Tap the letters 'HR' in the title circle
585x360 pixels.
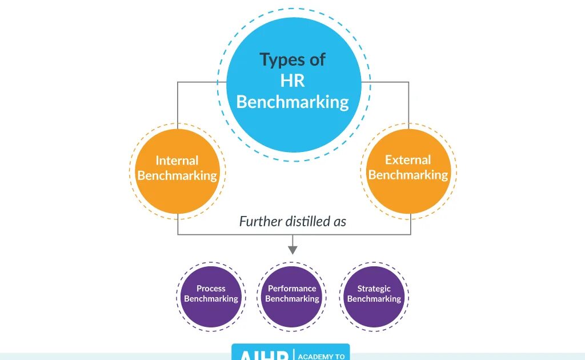click(x=292, y=81)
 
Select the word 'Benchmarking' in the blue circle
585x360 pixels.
click(x=292, y=102)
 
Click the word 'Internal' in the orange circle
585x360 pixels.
click(x=177, y=161)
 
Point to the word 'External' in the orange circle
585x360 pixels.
click(x=408, y=160)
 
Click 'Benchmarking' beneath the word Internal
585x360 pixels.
click(x=177, y=175)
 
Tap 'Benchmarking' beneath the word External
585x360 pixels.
click(x=408, y=175)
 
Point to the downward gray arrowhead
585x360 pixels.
click(x=292, y=249)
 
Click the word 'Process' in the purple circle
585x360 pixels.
click(x=211, y=289)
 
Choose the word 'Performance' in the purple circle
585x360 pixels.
click(x=292, y=289)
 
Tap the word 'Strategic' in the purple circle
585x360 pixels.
click(x=374, y=289)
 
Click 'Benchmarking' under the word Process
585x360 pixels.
click(x=211, y=299)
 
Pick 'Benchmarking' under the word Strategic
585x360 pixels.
click(x=374, y=299)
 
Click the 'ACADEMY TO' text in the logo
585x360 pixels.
click(x=322, y=357)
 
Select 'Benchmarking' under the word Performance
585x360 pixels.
click(x=292, y=299)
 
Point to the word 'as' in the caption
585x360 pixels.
click(x=340, y=221)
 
